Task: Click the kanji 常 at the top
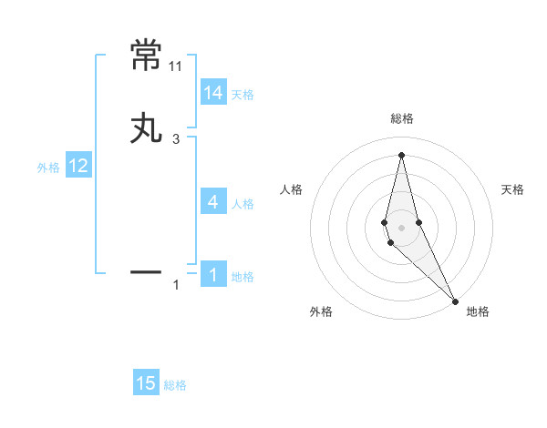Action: [148, 56]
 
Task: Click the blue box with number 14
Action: [213, 93]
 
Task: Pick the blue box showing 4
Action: [213, 202]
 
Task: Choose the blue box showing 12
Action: [78, 166]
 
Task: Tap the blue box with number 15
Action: [146, 383]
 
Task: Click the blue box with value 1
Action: [213, 274]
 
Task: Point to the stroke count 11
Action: [176, 66]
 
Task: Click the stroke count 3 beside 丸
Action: [176, 139]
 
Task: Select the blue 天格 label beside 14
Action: [243, 95]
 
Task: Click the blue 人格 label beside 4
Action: [243, 204]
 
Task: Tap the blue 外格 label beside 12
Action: [48, 168]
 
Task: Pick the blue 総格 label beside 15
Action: [175, 385]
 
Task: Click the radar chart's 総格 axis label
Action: [402, 118]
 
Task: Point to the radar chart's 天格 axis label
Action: [512, 189]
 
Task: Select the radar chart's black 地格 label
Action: [478, 311]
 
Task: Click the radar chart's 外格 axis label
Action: [321, 311]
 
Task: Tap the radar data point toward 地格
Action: [454, 301]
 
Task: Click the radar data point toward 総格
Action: [401, 155]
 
